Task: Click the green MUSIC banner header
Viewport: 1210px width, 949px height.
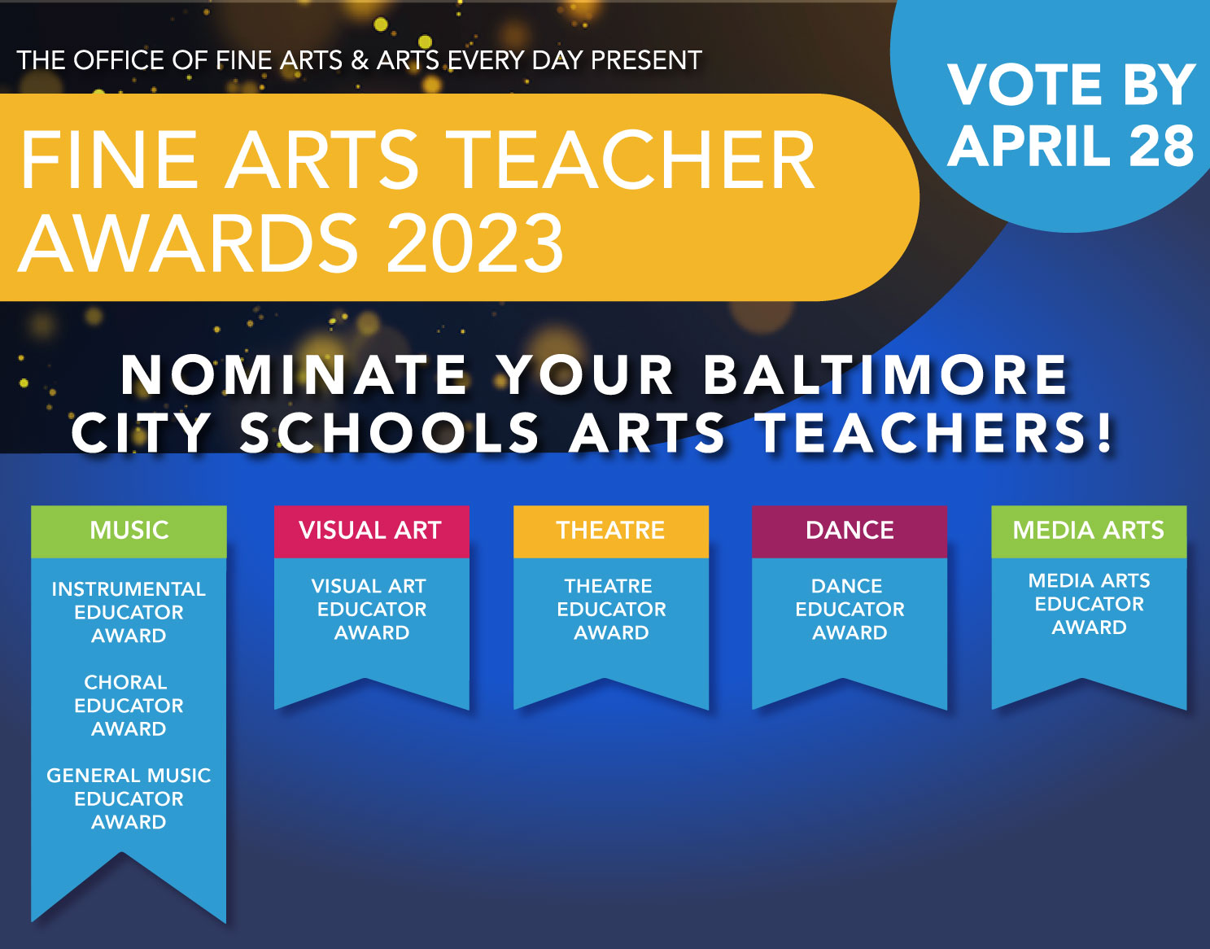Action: coord(129,531)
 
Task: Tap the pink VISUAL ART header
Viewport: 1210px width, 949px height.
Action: coord(371,531)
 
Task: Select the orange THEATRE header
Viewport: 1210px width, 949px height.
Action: coord(611,531)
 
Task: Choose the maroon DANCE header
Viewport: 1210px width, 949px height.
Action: coord(850,531)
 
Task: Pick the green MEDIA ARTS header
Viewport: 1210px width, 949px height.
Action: coord(1089,531)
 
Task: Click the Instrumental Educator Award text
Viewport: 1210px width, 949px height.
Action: coord(129,612)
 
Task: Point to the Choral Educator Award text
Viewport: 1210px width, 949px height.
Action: coord(129,705)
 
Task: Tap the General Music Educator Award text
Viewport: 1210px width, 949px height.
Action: coord(129,798)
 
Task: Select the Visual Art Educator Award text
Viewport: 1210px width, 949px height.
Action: coord(371,609)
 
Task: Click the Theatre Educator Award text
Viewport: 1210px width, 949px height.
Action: coord(611,609)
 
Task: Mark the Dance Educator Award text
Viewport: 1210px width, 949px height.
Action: coord(850,609)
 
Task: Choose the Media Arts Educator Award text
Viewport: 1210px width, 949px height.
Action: coord(1089,604)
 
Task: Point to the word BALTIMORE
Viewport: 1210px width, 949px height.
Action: coord(885,374)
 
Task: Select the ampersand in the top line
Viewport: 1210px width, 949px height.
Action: coord(360,60)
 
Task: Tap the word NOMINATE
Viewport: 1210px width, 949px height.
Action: coord(295,374)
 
